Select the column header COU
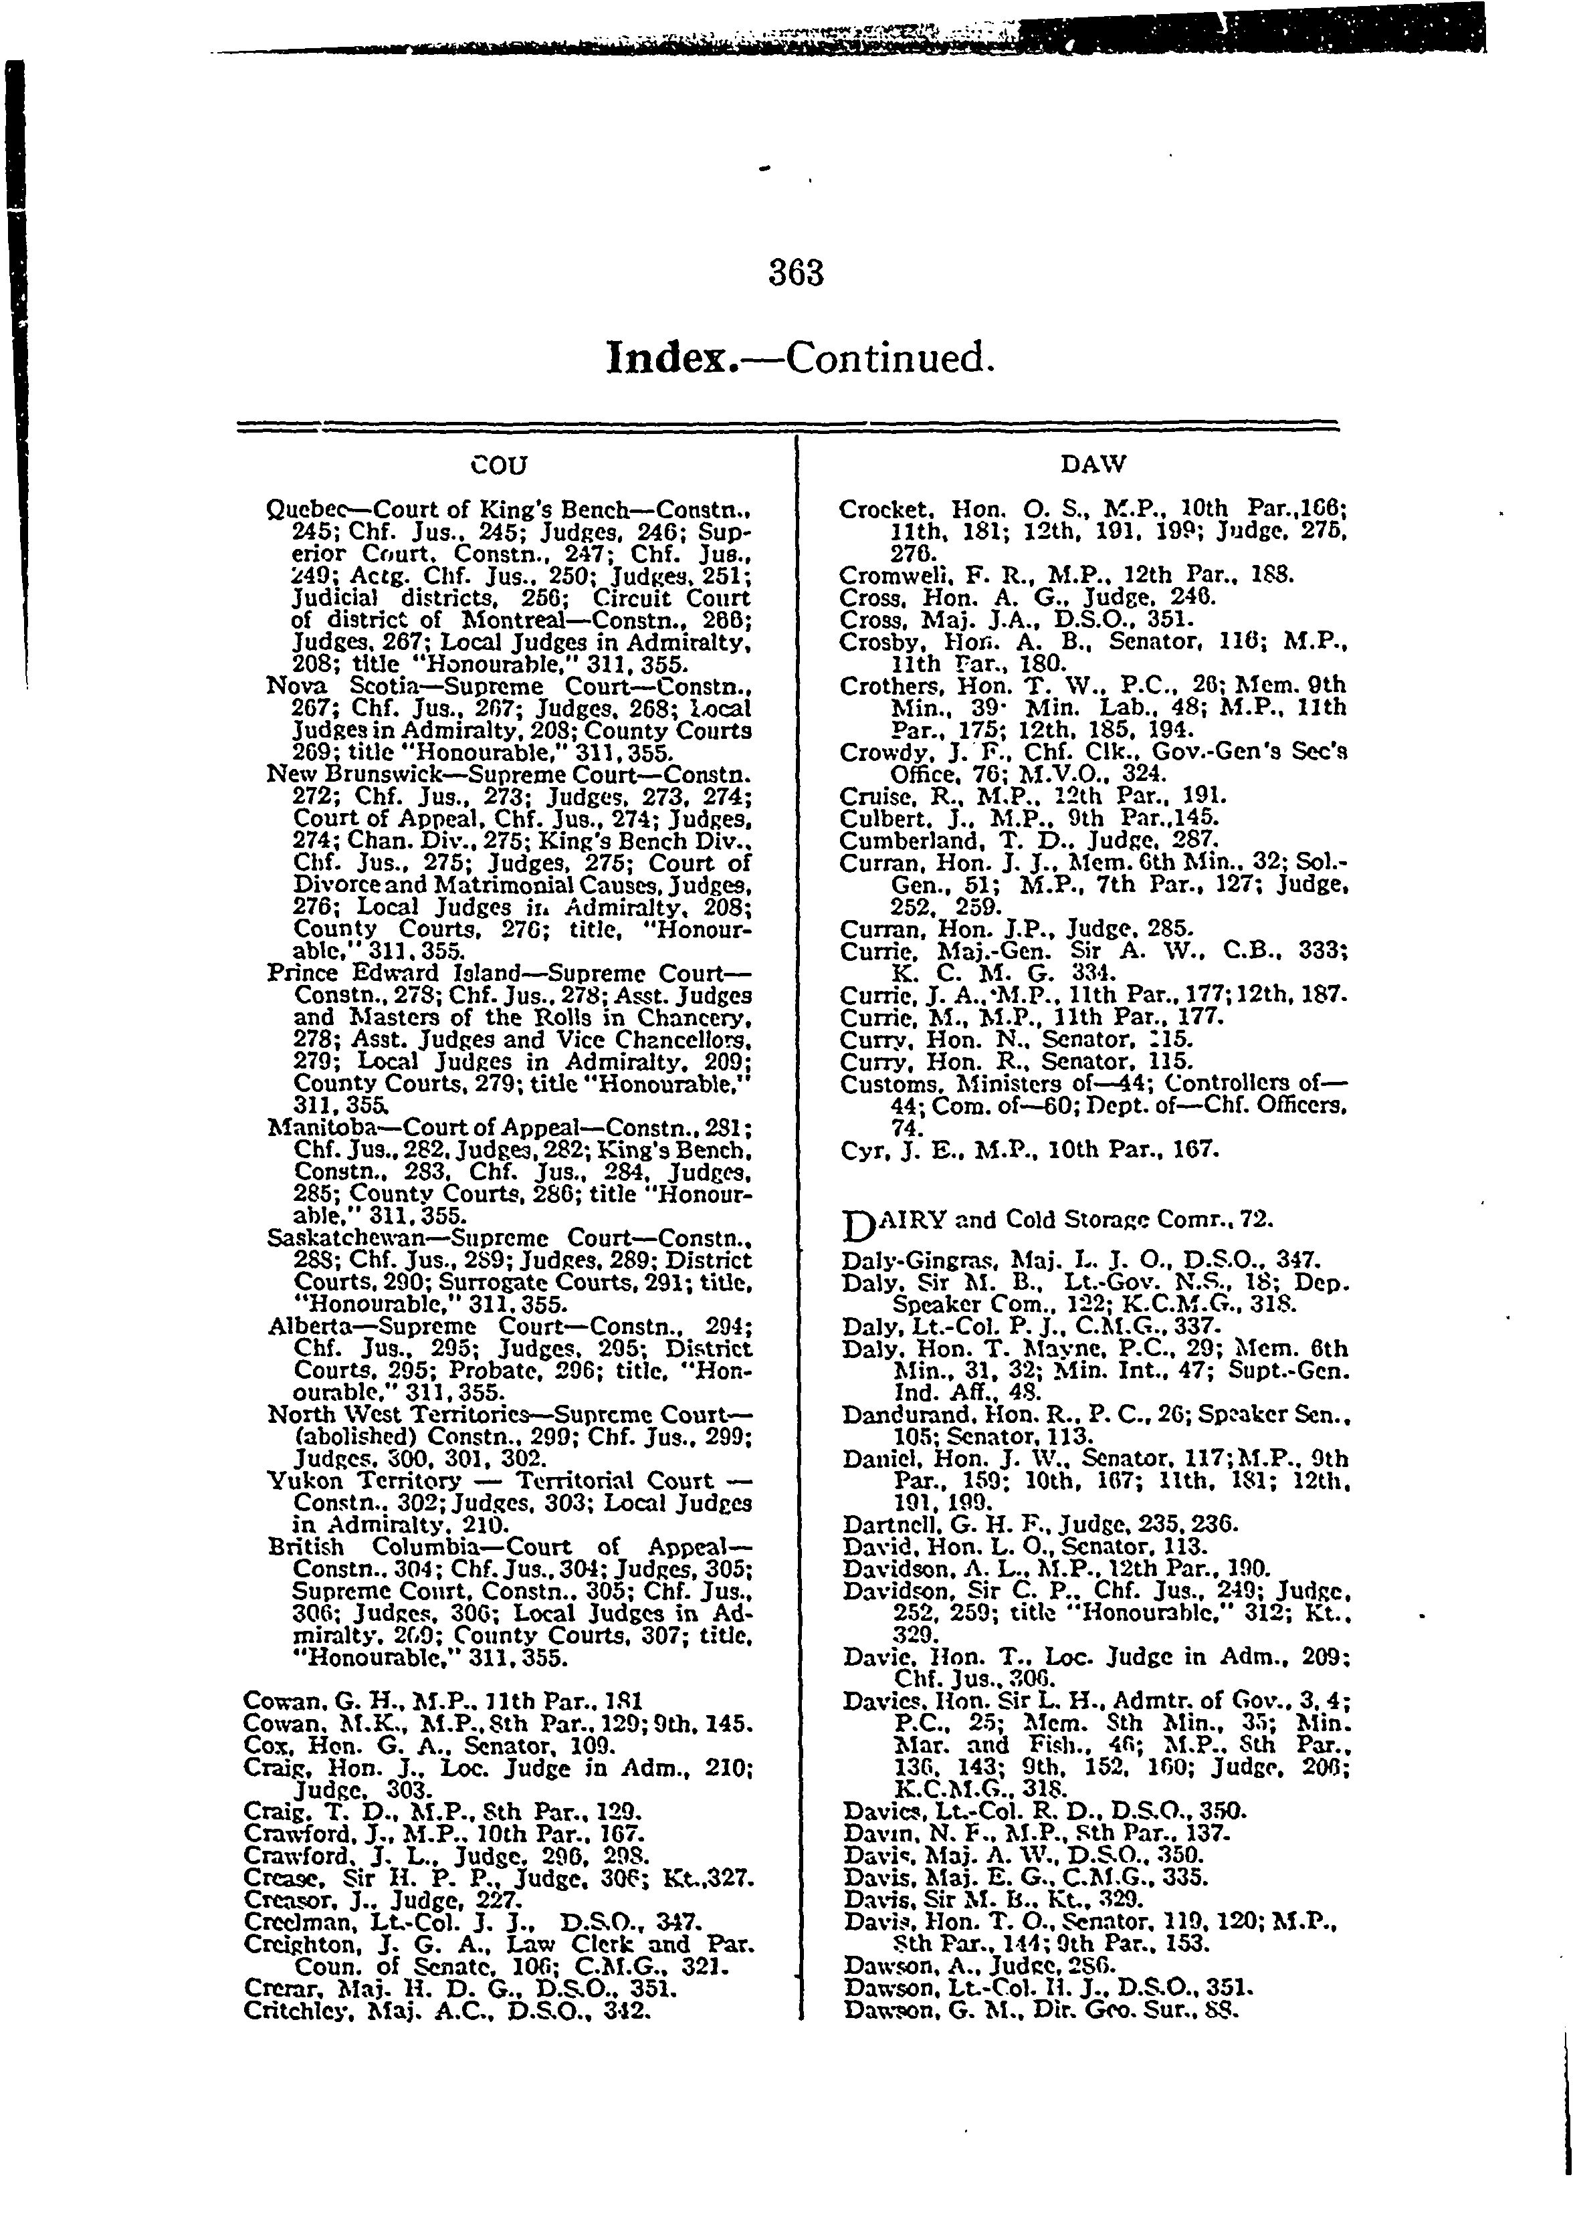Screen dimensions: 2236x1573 coord(499,465)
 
